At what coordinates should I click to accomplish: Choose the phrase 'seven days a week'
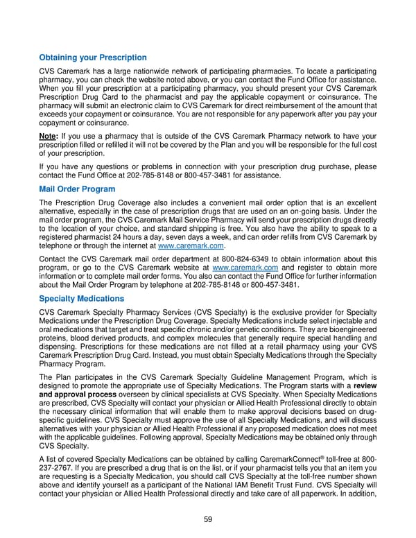click(x=180, y=236)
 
